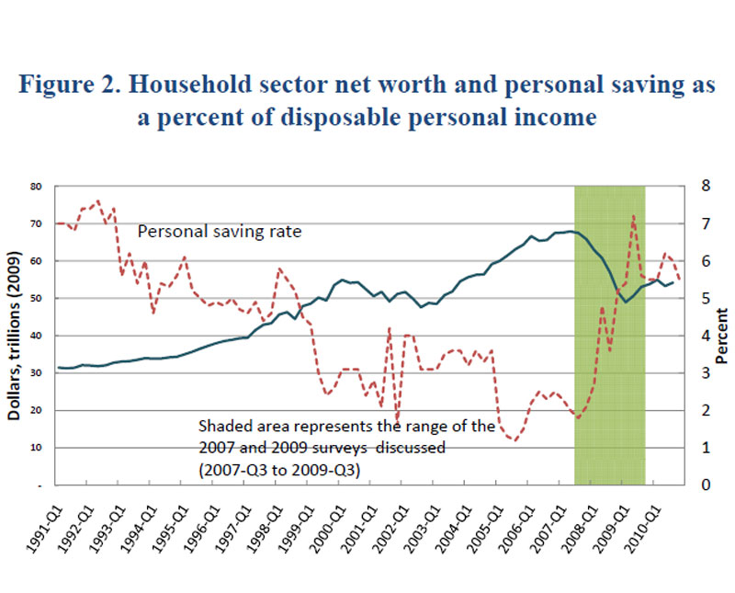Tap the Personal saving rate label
point(220,232)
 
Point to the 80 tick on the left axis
point(39,187)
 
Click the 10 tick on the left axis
point(39,448)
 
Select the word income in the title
point(547,117)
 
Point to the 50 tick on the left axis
point(39,299)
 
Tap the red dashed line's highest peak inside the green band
point(633,216)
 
